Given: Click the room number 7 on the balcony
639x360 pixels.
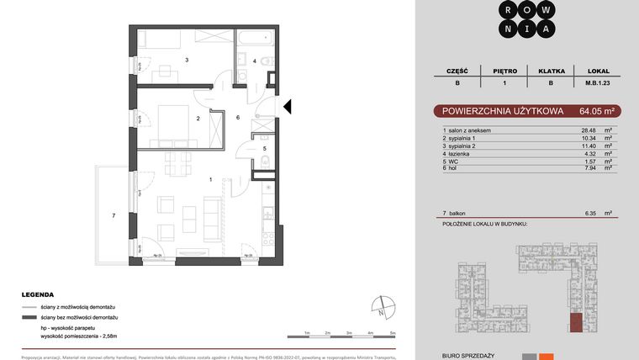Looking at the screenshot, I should pyautogui.click(x=114, y=216).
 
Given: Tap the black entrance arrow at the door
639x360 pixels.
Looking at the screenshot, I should pyautogui.click(x=287, y=107).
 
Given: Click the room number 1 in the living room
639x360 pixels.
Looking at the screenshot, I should pyautogui.click(x=211, y=178).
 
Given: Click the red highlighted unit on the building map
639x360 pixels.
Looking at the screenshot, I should pyautogui.click(x=575, y=323).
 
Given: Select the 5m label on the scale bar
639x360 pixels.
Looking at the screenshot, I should pyautogui.click(x=393, y=333).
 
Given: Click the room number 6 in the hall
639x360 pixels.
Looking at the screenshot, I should pyautogui.click(x=238, y=117).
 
